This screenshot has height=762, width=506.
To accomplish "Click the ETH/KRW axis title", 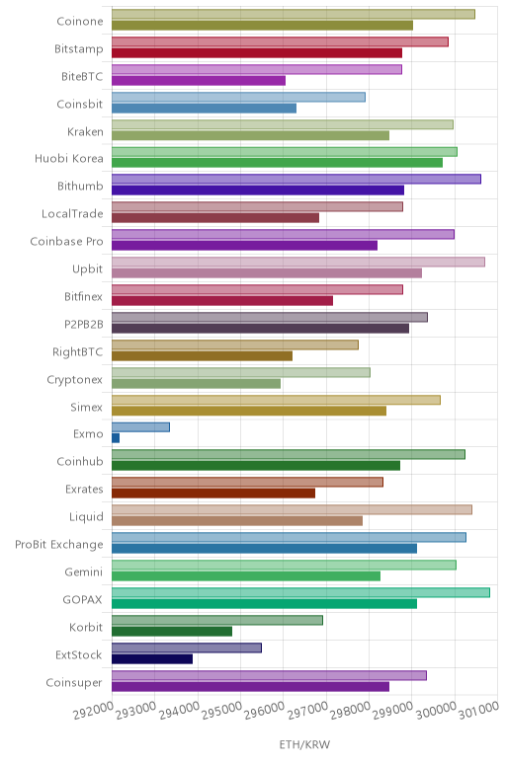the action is click(304, 744).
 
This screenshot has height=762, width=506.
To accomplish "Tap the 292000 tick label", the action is click(94, 711).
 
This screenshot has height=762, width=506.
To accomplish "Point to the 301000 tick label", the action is click(478, 710).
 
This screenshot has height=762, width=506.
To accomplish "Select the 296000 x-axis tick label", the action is click(264, 711).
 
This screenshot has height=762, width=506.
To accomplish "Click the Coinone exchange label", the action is click(80, 21).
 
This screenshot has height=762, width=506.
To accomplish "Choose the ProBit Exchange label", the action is click(59, 544).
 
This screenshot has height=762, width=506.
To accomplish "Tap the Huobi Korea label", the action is click(68, 159).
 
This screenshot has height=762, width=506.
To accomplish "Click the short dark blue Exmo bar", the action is click(116, 438).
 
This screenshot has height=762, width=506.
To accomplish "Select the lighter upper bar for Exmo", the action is click(140, 427).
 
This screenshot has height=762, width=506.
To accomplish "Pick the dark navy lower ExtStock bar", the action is click(152, 659).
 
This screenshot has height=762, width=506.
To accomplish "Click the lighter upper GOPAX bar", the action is click(300, 592).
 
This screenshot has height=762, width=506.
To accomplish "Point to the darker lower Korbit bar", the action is click(172, 632).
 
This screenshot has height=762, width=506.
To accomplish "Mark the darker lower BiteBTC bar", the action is click(199, 81).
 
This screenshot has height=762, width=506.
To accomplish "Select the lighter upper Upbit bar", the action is click(298, 262).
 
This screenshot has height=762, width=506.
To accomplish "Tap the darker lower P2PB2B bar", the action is click(260, 329).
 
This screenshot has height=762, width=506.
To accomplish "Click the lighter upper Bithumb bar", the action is click(296, 179).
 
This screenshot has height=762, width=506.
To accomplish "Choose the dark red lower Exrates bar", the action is click(213, 494).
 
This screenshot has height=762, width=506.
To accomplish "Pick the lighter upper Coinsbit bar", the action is click(238, 97).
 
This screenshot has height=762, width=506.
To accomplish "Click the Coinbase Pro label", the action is click(66, 242).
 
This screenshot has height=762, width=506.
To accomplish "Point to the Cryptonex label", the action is click(75, 380).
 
